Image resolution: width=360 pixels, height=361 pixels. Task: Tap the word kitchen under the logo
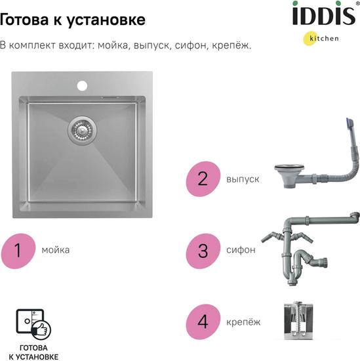324,38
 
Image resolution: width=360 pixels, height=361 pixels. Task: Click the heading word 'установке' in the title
106,20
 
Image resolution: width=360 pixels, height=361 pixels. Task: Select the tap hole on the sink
82,85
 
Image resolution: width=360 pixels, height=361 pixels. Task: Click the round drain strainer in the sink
82,131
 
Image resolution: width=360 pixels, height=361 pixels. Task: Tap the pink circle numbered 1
18,251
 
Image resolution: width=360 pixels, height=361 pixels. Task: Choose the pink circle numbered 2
203,179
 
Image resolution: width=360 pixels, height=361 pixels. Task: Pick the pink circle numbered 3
203,251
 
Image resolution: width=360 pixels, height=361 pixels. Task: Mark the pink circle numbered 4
203,322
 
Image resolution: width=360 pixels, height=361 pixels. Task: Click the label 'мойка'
56,250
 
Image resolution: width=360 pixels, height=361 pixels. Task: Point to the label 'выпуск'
243,179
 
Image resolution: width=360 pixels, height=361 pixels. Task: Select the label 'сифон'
241,250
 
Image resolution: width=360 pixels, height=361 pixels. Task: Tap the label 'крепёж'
243,322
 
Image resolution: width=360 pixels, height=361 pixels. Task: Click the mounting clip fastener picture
298,321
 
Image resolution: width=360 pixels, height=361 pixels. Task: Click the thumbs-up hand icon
41,329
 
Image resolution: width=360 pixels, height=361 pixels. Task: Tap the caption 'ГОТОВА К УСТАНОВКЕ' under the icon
33,352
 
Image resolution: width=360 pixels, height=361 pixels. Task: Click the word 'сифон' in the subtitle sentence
190,45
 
